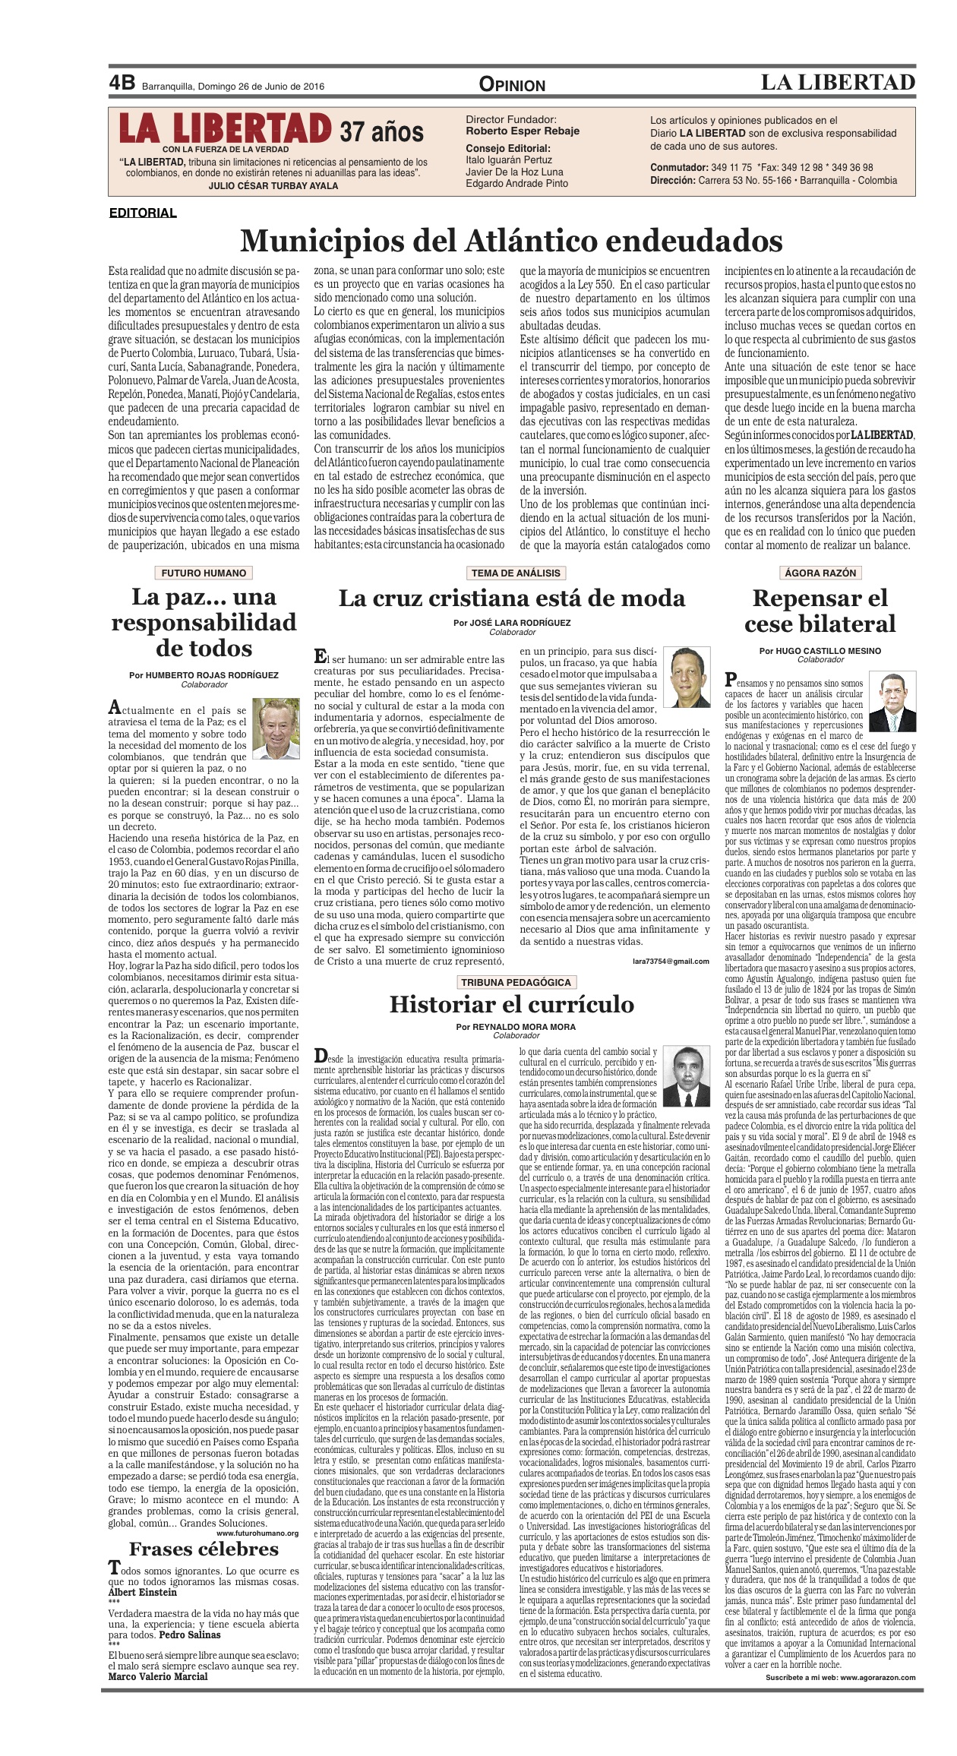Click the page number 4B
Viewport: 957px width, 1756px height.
pyautogui.click(x=122, y=83)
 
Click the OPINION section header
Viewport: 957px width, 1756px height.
pyautogui.click(x=512, y=85)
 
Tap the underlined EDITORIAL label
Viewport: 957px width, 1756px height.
pyautogui.click(x=143, y=213)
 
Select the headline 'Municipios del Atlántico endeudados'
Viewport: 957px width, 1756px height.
pyautogui.click(x=511, y=241)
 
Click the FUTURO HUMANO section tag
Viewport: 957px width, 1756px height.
pyautogui.click(x=204, y=573)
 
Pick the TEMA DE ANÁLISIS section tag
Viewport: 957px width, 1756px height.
pyautogui.click(x=516, y=573)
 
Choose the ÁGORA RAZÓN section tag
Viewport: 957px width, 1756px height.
pyautogui.click(x=820, y=573)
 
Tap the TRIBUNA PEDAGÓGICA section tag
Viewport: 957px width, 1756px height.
pyautogui.click(x=516, y=982)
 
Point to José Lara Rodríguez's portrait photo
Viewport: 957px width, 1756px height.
pyautogui.click(x=687, y=677)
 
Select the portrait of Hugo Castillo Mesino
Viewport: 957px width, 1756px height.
pyautogui.click(x=892, y=703)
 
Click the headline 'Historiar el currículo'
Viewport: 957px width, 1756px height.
pyautogui.click(x=511, y=1004)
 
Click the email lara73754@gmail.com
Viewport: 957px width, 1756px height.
pyautogui.click(x=671, y=961)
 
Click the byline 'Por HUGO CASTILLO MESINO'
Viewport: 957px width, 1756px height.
pyautogui.click(x=820, y=651)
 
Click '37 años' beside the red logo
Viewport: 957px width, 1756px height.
pyautogui.click(x=381, y=131)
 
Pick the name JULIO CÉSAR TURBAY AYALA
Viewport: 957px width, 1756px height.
pyautogui.click(x=273, y=185)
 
